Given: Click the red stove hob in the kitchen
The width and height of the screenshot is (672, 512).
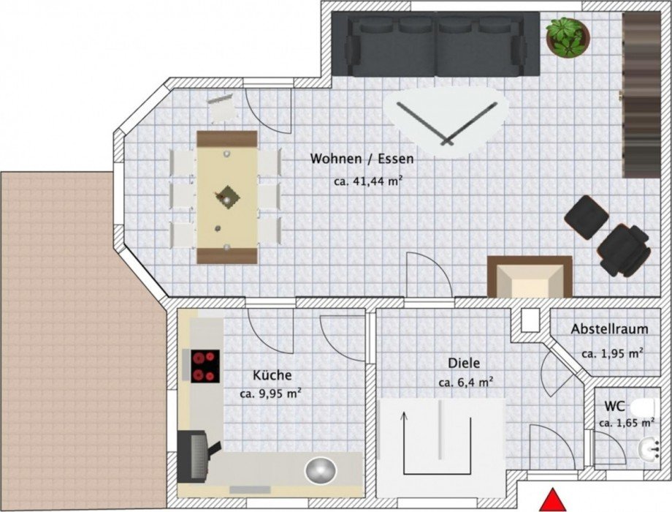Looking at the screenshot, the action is [205, 366].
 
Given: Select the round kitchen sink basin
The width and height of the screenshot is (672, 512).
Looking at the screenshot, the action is [321, 470].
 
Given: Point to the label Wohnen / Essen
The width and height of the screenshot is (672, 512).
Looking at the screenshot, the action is [362, 159].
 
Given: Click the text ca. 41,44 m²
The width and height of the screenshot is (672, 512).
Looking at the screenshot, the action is [368, 181].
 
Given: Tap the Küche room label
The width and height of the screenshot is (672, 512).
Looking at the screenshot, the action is [272, 374].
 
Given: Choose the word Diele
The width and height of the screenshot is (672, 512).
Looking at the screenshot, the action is [464, 363].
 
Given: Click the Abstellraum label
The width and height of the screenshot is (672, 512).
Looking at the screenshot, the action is [609, 329].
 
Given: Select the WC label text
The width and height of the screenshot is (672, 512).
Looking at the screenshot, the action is [614, 405].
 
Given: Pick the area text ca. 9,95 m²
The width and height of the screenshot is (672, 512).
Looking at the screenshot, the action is [270, 393].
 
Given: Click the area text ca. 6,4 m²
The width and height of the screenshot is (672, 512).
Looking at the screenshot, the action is [465, 382].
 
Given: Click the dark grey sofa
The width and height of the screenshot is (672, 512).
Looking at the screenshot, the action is [436, 44].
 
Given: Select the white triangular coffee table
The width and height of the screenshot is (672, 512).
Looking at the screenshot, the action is [446, 120].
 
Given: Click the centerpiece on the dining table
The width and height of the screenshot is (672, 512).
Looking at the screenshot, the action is [226, 197].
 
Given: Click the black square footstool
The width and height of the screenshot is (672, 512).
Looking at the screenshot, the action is [587, 217].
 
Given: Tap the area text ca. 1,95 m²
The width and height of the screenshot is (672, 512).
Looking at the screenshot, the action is [612, 353].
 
